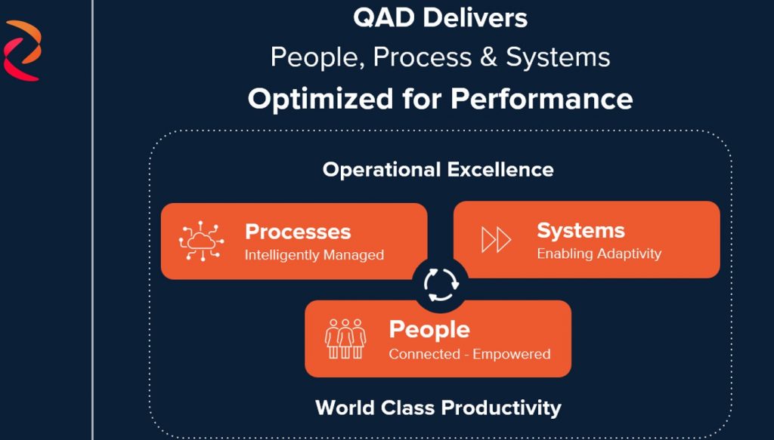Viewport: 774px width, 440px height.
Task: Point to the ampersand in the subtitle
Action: (x=488, y=57)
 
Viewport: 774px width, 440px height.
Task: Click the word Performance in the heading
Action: (x=541, y=99)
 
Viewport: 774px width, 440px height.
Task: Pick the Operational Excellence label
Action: (x=438, y=170)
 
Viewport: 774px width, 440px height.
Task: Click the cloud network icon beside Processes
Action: (x=201, y=241)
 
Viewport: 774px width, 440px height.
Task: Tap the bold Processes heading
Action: (x=298, y=232)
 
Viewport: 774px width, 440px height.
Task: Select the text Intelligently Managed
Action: (x=314, y=255)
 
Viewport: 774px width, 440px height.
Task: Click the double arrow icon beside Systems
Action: (x=496, y=240)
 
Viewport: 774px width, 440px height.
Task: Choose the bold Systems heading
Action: (x=580, y=231)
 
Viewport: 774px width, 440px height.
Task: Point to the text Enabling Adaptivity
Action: (x=599, y=254)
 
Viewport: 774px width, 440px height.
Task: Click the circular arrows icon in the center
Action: (x=441, y=285)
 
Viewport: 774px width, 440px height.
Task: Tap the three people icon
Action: (x=345, y=339)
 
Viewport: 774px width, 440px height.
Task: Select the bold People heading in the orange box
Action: (x=429, y=330)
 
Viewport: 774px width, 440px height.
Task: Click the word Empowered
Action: (x=511, y=354)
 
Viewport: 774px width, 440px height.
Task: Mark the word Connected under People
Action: (x=424, y=354)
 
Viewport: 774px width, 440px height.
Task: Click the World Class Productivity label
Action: (x=438, y=408)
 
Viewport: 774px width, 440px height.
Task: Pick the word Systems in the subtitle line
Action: (x=558, y=57)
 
